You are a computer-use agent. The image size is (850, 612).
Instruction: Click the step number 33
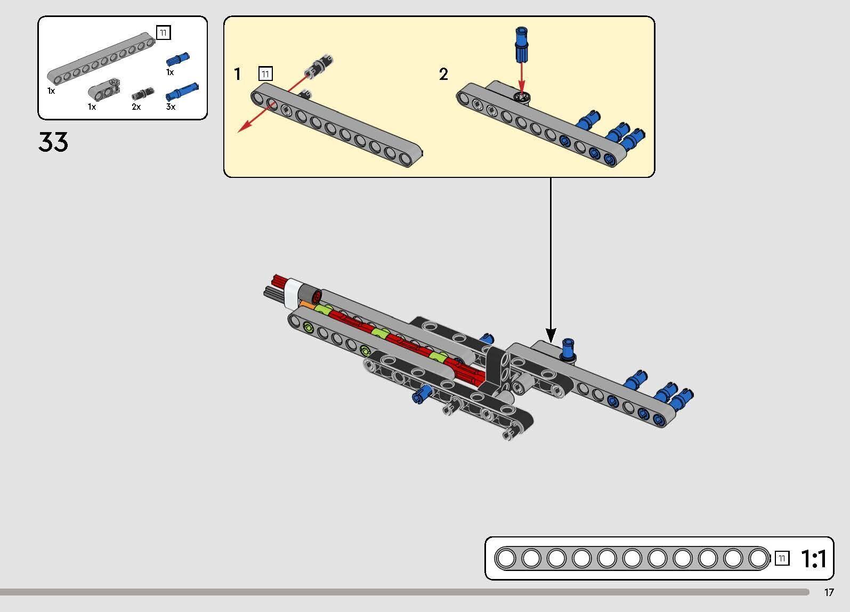click(53, 143)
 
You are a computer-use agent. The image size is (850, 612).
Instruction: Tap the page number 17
click(829, 592)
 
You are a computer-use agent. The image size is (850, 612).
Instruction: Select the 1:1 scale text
click(814, 559)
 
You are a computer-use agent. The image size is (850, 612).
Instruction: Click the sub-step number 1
click(238, 74)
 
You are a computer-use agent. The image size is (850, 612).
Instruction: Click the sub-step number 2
click(443, 75)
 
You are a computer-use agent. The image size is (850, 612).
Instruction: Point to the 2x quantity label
click(136, 107)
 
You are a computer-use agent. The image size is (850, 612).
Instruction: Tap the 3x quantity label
click(171, 107)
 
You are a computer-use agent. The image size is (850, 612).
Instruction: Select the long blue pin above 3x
click(182, 92)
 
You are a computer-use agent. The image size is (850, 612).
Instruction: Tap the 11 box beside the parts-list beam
click(163, 32)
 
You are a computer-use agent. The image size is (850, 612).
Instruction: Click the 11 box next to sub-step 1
click(265, 74)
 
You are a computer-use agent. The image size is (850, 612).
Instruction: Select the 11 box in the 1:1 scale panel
click(781, 558)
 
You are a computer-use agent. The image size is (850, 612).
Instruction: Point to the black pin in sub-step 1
click(319, 63)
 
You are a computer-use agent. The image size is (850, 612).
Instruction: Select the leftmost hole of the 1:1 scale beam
click(506, 558)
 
